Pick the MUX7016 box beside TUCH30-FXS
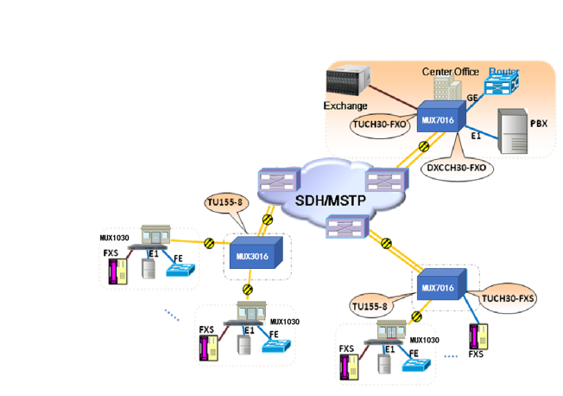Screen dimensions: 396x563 pos(442,284)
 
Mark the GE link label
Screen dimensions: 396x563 pos(472,99)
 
